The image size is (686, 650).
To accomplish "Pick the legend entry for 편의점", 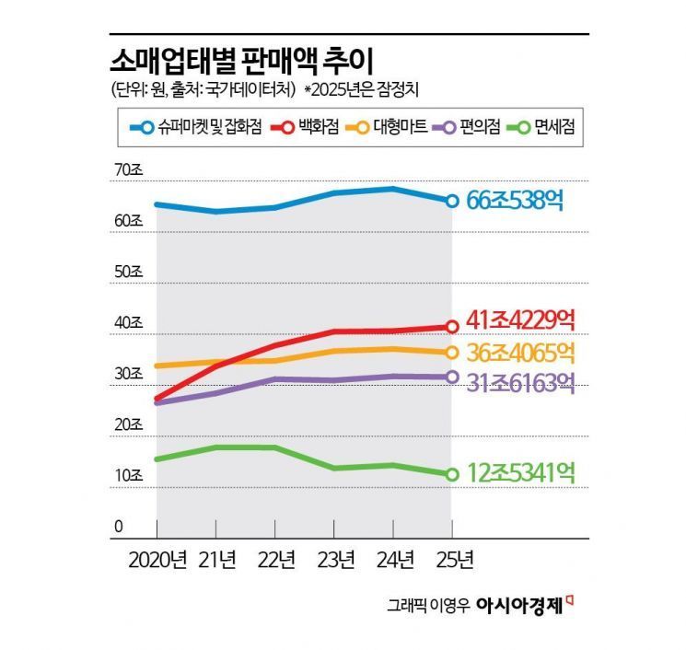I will click(469, 128).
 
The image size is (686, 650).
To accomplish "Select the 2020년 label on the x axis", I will click(157, 559).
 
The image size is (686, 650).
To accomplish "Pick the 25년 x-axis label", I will click(452, 559).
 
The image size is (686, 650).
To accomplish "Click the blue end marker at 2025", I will click(452, 201).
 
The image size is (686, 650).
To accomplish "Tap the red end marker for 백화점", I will click(452, 326).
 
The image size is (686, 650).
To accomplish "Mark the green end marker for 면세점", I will click(452, 474).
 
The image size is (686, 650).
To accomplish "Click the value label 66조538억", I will click(515, 200).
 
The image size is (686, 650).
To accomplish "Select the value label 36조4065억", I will click(521, 353).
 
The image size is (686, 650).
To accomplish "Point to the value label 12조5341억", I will click(521, 474).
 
